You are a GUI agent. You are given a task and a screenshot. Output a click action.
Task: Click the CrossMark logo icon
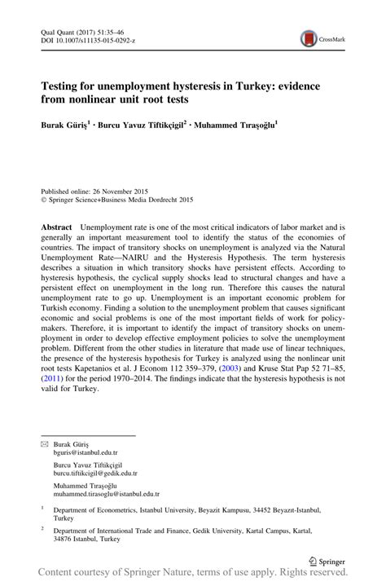coord(309,38)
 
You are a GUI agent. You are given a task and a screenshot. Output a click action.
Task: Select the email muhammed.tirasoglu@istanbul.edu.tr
coord(106,494)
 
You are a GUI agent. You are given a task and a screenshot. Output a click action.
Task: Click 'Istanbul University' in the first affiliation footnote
coord(176,509)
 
